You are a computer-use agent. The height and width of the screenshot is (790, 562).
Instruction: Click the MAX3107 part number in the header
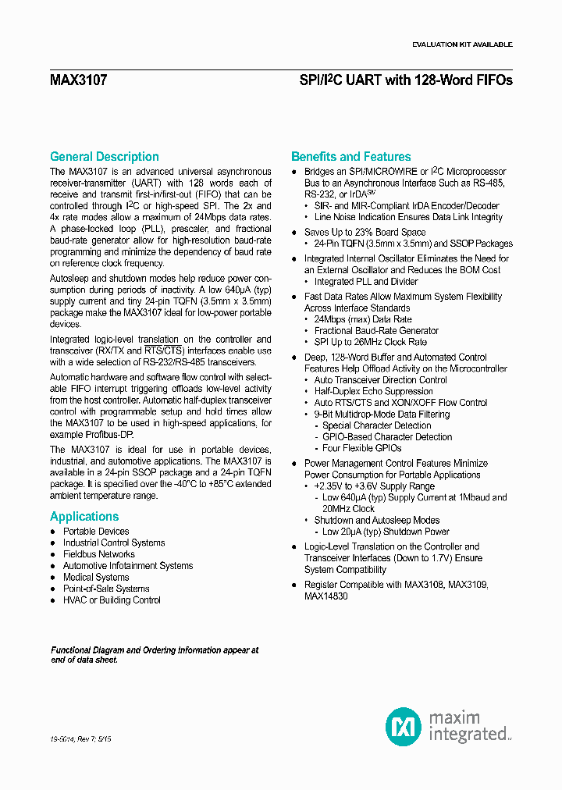78,80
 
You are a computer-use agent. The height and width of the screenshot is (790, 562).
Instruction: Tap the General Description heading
104,157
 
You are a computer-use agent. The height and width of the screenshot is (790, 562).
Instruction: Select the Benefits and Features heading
350,157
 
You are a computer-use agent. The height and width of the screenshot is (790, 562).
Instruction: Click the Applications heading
84,517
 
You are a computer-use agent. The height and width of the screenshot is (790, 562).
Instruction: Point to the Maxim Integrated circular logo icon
404,726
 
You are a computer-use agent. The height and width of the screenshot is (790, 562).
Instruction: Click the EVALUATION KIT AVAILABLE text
462,44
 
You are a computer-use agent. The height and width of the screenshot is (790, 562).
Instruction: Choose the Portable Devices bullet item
96,532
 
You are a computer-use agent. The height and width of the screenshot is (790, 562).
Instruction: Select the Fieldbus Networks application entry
99,554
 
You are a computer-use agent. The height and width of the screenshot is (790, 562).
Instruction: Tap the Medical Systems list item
96,578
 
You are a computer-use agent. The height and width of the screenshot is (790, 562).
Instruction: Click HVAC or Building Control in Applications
112,600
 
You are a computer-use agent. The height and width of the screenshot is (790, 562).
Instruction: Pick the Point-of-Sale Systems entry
106,589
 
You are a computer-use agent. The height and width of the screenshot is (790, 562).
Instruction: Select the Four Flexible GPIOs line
361,448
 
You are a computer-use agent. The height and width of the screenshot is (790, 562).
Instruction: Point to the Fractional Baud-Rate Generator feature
376,331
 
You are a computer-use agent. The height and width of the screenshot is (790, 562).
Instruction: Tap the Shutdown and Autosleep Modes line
376,520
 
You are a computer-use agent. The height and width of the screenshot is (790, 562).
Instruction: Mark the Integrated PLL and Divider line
365,282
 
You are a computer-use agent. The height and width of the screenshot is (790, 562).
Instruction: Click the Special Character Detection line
376,425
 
